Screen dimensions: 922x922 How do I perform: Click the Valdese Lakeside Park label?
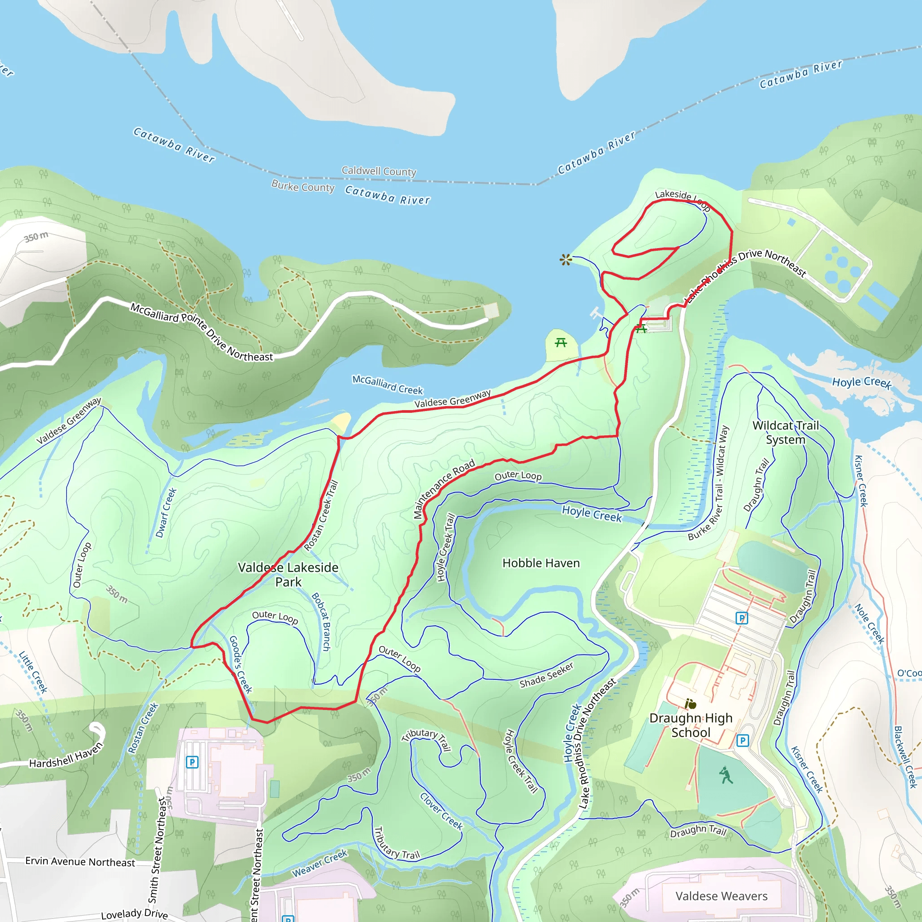(288, 574)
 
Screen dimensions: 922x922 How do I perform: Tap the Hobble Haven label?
(541, 563)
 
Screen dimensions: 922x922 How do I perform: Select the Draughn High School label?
(691, 725)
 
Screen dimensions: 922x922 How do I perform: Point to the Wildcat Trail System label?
(786, 432)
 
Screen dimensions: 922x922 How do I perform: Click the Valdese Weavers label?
(721, 896)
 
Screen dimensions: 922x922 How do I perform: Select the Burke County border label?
(303, 186)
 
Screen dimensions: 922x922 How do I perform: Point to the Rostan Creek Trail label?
(321, 515)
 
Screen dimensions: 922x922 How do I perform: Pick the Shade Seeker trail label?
(547, 675)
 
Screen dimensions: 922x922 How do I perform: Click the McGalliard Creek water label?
(388, 384)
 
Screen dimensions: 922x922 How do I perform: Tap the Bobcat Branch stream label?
(321, 621)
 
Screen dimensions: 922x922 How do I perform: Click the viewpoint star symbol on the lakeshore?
(565, 260)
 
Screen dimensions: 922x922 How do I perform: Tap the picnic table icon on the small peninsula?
(561, 343)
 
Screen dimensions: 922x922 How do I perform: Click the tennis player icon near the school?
(726, 776)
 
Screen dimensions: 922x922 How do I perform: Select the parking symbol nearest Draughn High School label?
(742, 741)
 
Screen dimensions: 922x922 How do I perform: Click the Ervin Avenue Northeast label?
(80, 861)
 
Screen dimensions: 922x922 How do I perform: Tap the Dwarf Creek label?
(166, 512)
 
